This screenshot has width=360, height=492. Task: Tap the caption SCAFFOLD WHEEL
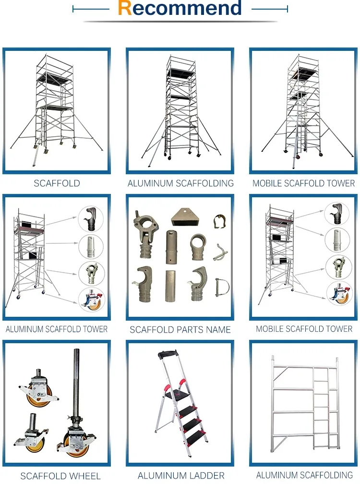[60, 476]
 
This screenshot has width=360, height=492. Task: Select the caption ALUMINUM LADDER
[181, 476]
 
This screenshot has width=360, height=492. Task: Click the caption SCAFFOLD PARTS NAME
[180, 330]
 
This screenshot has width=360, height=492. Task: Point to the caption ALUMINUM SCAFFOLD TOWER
[57, 329]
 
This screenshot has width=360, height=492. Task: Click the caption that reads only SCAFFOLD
[57, 183]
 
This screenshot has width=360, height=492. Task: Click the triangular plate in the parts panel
[185, 217]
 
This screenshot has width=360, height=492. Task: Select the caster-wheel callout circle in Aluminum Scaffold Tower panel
[91, 299]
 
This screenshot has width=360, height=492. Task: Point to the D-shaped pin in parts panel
[222, 287]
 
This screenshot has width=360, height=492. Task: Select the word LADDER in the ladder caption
[206, 476]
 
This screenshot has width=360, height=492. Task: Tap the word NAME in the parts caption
[217, 330]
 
